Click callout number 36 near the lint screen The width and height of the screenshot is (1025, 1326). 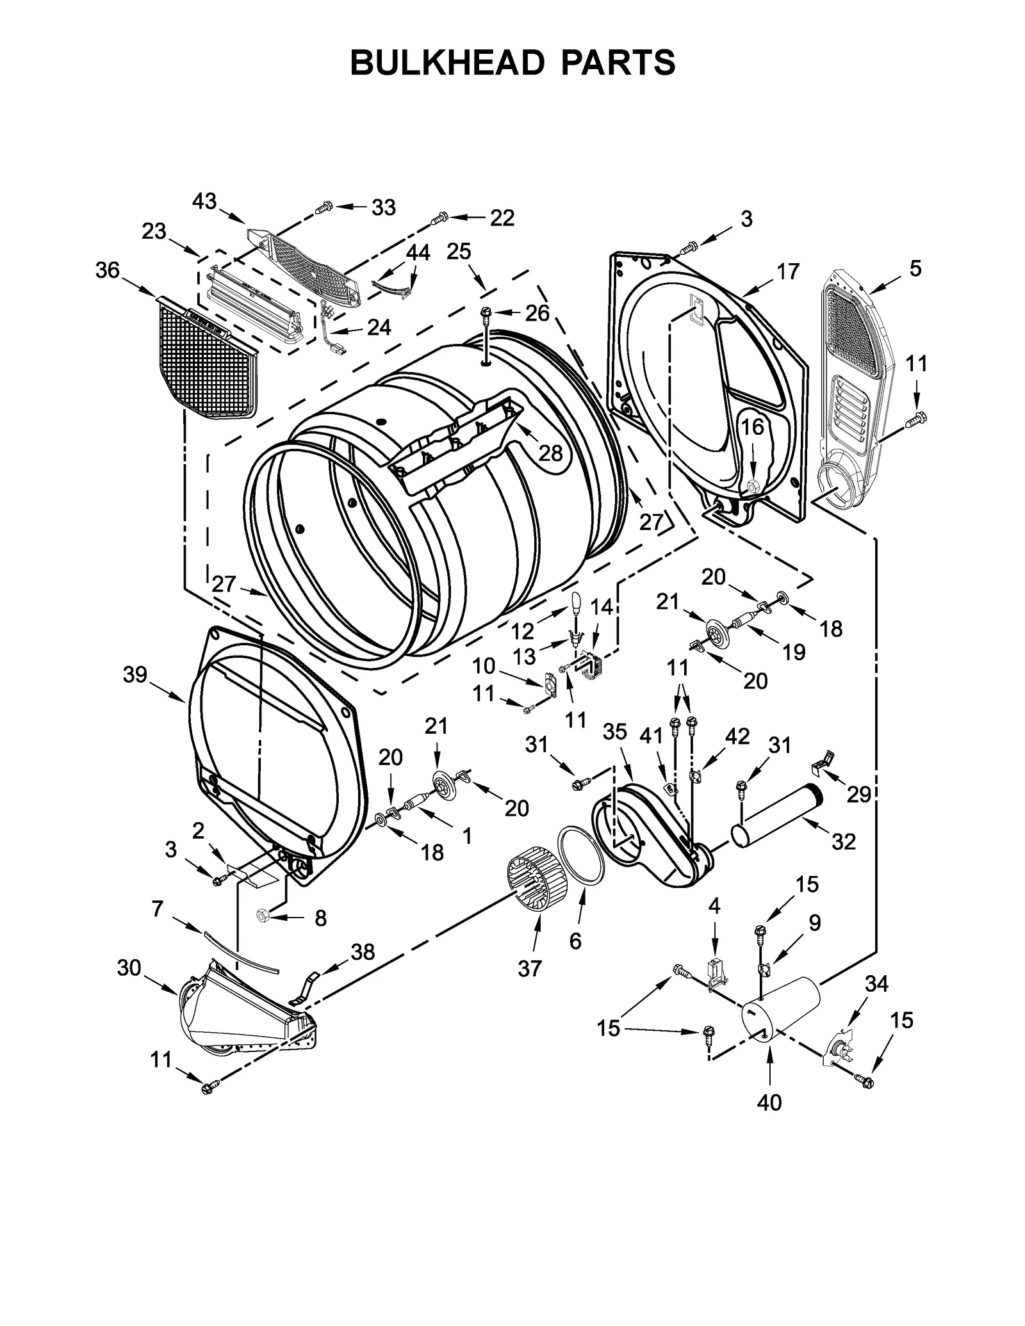click(107, 270)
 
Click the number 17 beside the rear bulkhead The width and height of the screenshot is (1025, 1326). click(788, 271)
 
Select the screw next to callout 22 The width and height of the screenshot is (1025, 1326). click(439, 219)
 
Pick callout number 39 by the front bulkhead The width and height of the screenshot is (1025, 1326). click(135, 674)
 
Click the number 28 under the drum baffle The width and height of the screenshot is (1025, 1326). click(550, 453)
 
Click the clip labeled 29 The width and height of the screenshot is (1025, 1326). click(823, 760)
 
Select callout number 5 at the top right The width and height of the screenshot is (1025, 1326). click(915, 268)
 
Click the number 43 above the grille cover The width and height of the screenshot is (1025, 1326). click(204, 201)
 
